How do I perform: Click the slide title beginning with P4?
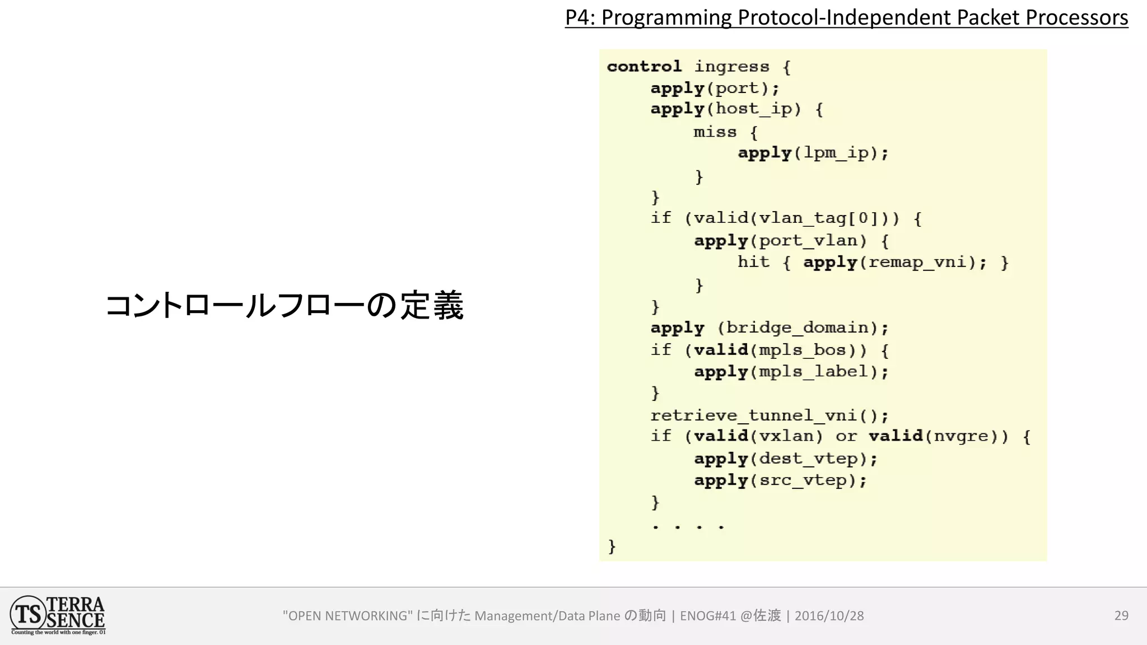coord(846,18)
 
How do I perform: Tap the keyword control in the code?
coord(644,67)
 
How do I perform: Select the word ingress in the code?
coord(731,67)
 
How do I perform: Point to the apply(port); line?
coord(715,88)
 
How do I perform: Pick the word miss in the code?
coord(715,132)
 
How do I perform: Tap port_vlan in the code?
coord(808,241)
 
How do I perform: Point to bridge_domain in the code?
coord(801,328)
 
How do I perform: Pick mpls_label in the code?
coord(813,372)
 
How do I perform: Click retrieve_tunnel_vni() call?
coord(769,415)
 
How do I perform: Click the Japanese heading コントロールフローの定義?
coord(285,306)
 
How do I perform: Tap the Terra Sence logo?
coord(58,615)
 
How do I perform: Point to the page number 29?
coord(1121,615)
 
